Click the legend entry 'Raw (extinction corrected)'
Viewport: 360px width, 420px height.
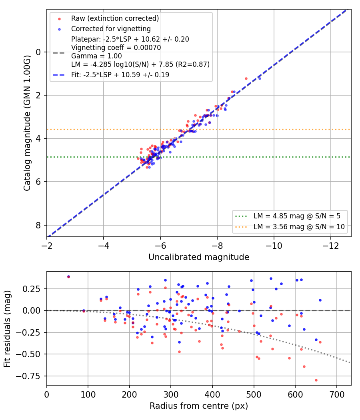(x=115, y=18)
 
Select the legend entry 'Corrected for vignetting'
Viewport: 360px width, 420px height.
(x=111, y=29)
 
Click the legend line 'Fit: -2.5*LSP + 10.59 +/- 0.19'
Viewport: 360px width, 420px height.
(x=120, y=75)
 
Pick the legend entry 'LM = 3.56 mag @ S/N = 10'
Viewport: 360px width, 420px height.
(x=299, y=227)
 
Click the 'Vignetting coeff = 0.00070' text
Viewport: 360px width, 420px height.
(x=116, y=48)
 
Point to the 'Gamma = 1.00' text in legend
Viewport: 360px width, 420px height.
(x=96, y=56)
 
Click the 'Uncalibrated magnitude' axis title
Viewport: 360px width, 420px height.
(x=199, y=257)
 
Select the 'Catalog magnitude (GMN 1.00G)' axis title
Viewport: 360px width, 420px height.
(x=27, y=123)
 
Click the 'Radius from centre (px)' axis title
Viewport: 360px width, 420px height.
(x=199, y=406)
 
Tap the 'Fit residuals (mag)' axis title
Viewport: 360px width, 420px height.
(x=7, y=329)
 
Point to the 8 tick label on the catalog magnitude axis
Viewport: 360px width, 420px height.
(x=38, y=226)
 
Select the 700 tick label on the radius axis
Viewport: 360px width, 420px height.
(x=337, y=394)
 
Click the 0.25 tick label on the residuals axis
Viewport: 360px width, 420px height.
(x=32, y=289)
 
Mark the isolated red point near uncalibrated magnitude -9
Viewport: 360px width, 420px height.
(x=246, y=79)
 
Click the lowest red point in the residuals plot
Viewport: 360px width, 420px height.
(x=316, y=380)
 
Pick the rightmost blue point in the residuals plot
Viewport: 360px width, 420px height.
(x=320, y=300)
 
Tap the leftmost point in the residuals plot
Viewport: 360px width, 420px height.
(x=68, y=277)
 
